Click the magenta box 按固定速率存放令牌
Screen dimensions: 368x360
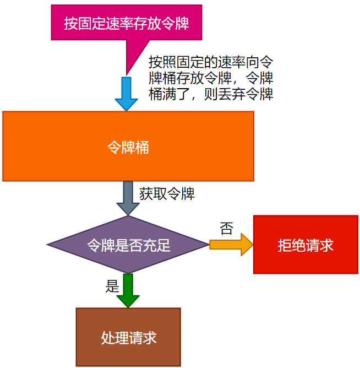126,23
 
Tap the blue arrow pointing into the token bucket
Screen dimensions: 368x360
126,93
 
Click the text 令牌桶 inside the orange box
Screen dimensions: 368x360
128,147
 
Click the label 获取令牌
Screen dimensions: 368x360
167,194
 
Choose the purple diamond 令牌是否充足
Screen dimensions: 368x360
128,245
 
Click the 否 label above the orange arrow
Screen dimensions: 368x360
226,229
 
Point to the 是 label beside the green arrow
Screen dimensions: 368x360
112,286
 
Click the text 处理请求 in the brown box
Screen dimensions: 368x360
129,337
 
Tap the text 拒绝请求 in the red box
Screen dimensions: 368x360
306,245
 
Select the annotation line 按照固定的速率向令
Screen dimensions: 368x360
211,61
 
